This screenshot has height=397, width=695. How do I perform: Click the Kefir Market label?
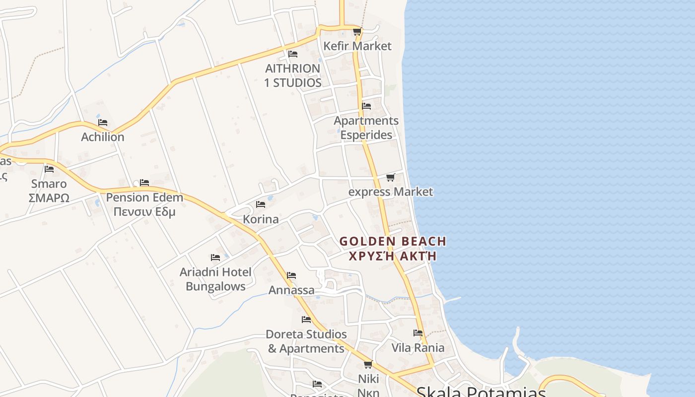pos(357,46)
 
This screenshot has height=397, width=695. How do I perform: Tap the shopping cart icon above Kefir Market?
pos(357,32)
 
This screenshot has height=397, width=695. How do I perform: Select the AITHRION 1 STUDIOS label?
pos(293,75)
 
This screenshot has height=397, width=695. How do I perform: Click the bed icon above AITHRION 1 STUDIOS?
pos(293,54)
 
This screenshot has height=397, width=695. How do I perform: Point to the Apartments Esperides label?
pos(366,128)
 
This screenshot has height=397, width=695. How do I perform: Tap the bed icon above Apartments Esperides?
pos(366,106)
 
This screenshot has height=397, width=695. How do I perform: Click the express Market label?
pos(391,192)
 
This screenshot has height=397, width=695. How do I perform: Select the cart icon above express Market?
pos(391,178)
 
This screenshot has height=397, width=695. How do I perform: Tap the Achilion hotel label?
pos(103,137)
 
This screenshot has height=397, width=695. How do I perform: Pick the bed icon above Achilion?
pos(103,123)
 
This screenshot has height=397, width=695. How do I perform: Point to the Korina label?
pos(261,219)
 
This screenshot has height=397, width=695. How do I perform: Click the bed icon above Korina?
pos(261,204)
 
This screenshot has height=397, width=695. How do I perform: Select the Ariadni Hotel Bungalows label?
pos(215,279)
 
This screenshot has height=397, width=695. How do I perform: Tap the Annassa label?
pos(291,290)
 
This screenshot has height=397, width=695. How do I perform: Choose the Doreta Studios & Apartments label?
pos(306,341)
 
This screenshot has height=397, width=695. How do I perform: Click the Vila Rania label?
pos(418,347)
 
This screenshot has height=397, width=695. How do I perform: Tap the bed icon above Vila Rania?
pos(418,333)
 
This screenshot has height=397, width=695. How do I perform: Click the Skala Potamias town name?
pos(481,392)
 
